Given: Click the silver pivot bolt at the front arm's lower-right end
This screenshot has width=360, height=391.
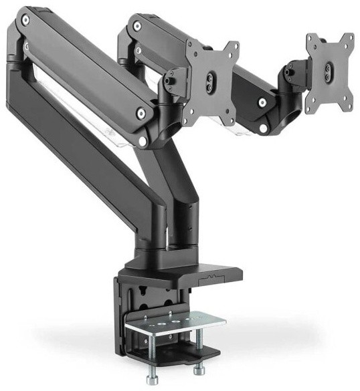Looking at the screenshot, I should [142, 114].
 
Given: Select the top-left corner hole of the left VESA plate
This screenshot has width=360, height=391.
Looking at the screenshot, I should [191, 49].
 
